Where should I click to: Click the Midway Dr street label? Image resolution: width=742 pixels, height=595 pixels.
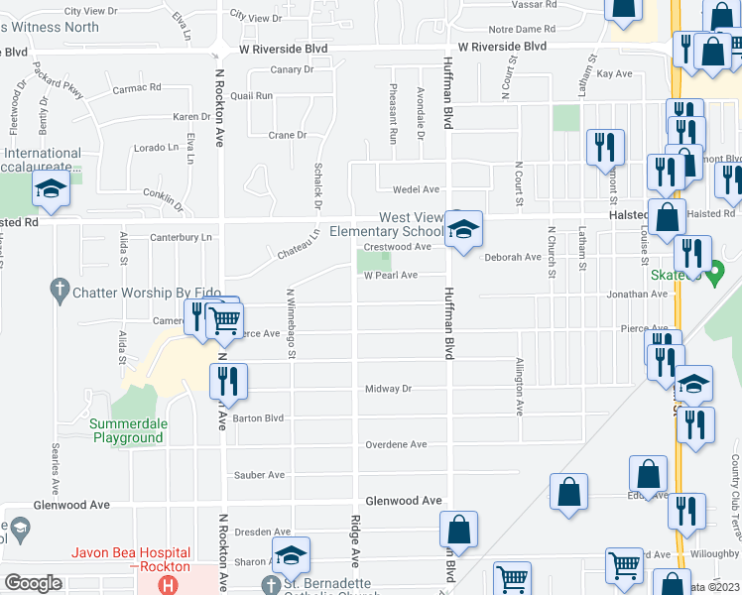coord(388,389)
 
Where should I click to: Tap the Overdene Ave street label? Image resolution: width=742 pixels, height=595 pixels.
coord(396,444)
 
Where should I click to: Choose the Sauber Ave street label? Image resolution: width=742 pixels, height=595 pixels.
coord(260,475)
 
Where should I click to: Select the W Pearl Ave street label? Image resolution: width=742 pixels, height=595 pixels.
coord(390,275)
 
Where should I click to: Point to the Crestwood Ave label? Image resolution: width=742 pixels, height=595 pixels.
coord(398,246)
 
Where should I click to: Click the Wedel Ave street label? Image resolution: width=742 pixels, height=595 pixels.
coord(416,189)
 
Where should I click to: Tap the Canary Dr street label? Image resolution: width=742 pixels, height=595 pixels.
coord(292,70)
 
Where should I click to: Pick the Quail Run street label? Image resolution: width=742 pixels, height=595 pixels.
coord(251,96)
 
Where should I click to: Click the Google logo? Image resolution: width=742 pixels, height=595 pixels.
coord(33,583)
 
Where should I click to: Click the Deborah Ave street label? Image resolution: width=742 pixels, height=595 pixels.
coord(509,256)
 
